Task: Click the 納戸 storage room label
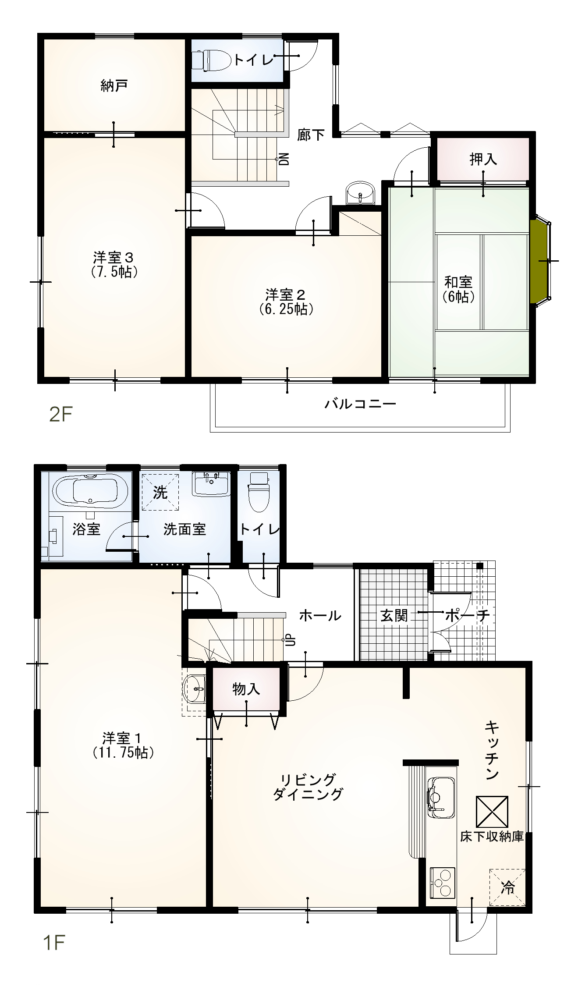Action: point(114,85)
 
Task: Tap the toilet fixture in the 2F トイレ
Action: point(212,60)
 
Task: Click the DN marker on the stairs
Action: point(284,158)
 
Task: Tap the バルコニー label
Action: point(360,403)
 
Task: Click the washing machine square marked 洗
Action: point(160,492)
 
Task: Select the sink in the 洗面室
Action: point(211,484)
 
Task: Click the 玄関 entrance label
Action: point(394,615)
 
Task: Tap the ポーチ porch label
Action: point(467,615)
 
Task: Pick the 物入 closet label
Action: point(246,689)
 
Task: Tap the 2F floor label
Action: point(60,414)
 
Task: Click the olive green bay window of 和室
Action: point(539,262)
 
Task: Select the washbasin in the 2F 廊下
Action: point(361,193)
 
